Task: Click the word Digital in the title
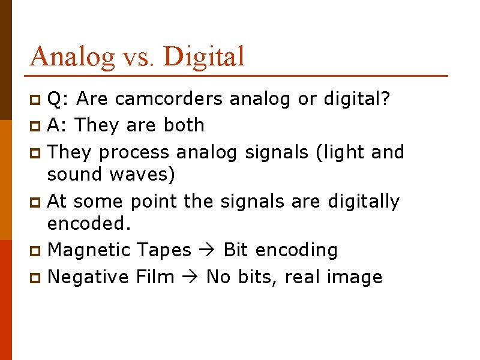tap(203, 56)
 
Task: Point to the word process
tap(135, 152)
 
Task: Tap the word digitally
tap(364, 202)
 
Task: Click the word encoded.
tap(89, 223)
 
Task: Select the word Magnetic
tap(88, 250)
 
